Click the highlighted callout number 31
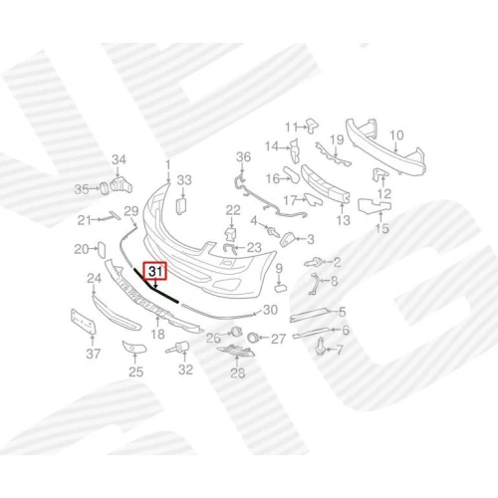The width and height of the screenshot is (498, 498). pyautogui.click(x=155, y=271)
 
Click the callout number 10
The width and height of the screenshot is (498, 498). pyautogui.click(x=396, y=135)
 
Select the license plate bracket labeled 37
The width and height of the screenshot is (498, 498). pyautogui.click(x=84, y=322)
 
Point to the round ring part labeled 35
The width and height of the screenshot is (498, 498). pyautogui.click(x=105, y=188)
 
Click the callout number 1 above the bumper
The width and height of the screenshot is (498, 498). pyautogui.click(x=168, y=165)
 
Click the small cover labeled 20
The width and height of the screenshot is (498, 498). pyautogui.click(x=102, y=250)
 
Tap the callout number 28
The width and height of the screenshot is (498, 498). pyautogui.click(x=238, y=373)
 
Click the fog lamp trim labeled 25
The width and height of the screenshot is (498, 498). pyautogui.click(x=134, y=347)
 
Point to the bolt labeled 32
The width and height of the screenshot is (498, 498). pyautogui.click(x=178, y=348)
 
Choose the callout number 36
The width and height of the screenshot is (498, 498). pyautogui.click(x=243, y=156)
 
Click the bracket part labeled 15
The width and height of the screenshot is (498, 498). pyautogui.click(x=374, y=205)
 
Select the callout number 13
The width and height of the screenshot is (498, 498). pyautogui.click(x=343, y=220)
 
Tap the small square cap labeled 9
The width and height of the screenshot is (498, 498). pyautogui.click(x=279, y=288)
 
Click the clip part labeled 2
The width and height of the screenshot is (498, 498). pyautogui.click(x=312, y=263)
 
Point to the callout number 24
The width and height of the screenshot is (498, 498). pyautogui.click(x=94, y=278)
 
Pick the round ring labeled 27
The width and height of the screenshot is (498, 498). pyautogui.click(x=252, y=338)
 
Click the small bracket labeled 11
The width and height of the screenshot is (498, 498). pyautogui.click(x=312, y=124)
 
